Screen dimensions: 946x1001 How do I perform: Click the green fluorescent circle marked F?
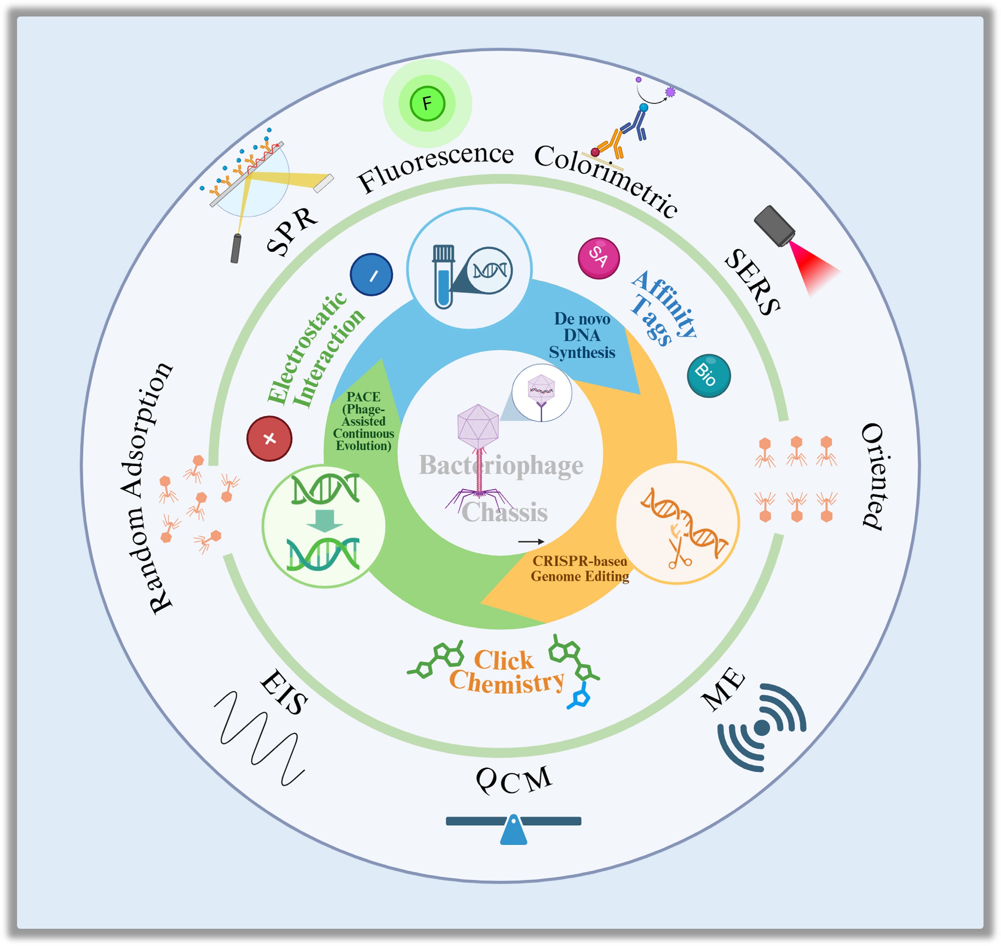coord(427,104)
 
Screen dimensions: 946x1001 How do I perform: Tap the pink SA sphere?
coord(599,257)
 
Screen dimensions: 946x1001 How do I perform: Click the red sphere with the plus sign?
coord(269,438)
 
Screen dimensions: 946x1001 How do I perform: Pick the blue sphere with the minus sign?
coord(372,274)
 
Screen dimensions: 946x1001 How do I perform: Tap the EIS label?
coord(284,691)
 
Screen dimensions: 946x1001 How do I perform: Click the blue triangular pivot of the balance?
coord(513,831)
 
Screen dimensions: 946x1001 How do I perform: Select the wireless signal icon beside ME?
coord(762,728)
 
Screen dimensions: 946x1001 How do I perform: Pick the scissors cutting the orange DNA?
coord(678,553)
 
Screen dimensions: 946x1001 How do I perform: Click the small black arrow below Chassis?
coord(531,541)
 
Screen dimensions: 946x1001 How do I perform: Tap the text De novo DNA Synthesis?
coord(582,335)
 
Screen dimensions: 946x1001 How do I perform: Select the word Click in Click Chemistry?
coord(504,660)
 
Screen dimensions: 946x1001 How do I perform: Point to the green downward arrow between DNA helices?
coord(325,521)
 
